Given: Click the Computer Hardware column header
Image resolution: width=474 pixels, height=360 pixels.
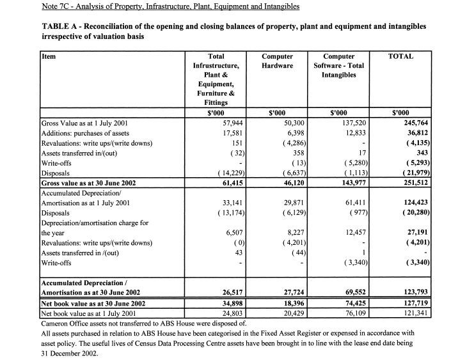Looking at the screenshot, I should click(278, 61).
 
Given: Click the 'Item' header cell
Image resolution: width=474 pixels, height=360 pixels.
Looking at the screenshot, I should click(49, 56).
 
